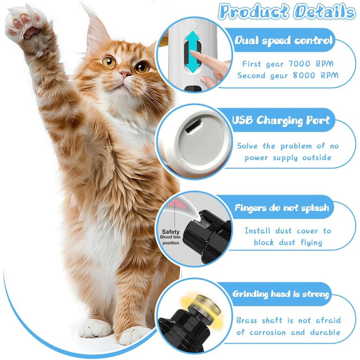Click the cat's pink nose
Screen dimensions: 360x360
(125, 74)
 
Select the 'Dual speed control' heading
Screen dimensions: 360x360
(283, 41)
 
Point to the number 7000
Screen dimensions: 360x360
(299, 64)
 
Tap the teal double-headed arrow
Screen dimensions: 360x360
(193, 51)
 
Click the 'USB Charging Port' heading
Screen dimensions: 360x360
(281, 120)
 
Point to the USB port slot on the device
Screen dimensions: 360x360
(193, 126)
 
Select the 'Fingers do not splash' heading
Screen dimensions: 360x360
(282, 208)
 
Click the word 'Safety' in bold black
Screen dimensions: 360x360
(171, 231)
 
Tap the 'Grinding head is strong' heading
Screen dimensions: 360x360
(281, 294)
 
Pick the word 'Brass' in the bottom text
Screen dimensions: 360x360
(246, 320)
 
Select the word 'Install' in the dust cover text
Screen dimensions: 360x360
(257, 230)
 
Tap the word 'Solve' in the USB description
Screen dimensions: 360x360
(247, 146)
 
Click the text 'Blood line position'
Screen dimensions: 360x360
(170, 240)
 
